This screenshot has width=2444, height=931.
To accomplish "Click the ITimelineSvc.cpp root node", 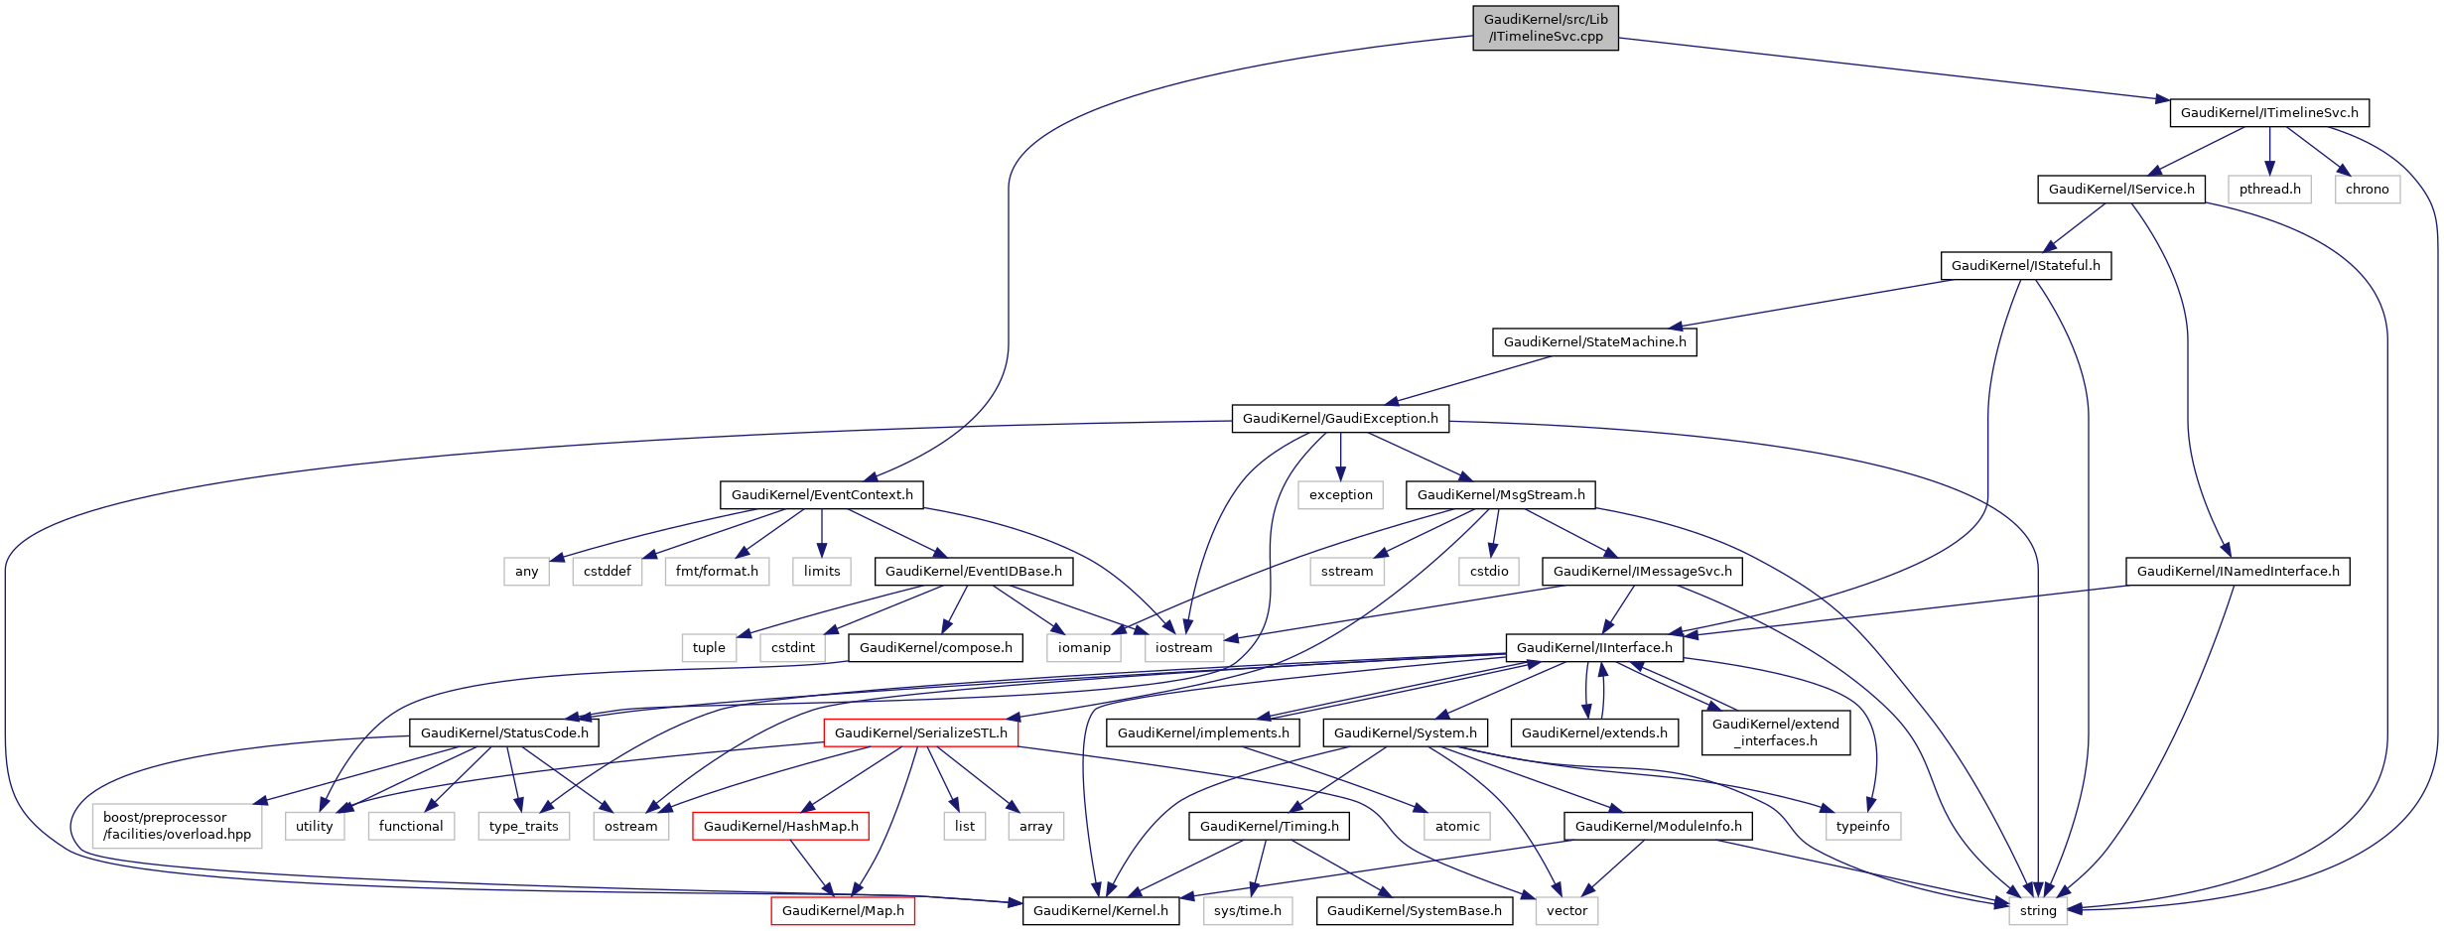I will coord(1545,28).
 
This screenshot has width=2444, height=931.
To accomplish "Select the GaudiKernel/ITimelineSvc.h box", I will coord(2268,112).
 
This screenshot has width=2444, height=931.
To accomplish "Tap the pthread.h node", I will coord(2269,189).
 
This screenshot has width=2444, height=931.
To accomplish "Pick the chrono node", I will coord(2367,189).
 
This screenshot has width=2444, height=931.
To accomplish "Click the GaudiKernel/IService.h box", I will coord(2121,189).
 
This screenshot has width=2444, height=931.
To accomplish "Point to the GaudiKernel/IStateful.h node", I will coord(2025,265).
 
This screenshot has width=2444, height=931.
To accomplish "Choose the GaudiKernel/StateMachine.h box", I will coord(1594,341).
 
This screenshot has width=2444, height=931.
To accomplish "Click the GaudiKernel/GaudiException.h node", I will coord(1340,418).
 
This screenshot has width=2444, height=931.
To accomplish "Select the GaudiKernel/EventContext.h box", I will coord(822,494).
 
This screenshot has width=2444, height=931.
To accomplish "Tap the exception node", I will coord(1340,494).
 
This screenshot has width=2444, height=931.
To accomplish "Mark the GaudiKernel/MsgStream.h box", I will coord(1501,494).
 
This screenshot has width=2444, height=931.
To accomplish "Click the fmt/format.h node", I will coord(717,571).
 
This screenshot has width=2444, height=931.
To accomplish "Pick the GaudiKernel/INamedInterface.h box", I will coord(2238,571).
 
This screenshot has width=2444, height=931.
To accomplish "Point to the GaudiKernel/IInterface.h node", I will coord(1594,647).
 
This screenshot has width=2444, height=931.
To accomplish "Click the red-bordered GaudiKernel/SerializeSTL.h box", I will coord(920,732).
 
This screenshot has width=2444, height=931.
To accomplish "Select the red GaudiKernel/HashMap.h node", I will coord(780,826).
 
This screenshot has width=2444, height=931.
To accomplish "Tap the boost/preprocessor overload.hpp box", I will coord(178,826).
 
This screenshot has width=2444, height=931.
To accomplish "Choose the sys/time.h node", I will coord(1247,910).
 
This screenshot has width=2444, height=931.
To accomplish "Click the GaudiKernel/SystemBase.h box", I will coord(1415,910).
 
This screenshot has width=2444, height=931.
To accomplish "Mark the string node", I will coord(2038,910).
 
